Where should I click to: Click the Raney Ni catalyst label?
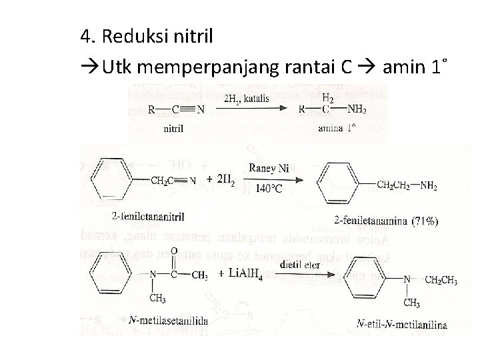click(x=269, y=169)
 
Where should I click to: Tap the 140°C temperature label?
click(x=268, y=189)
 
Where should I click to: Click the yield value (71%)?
click(x=425, y=219)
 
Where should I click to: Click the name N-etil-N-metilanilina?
click(x=401, y=325)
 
